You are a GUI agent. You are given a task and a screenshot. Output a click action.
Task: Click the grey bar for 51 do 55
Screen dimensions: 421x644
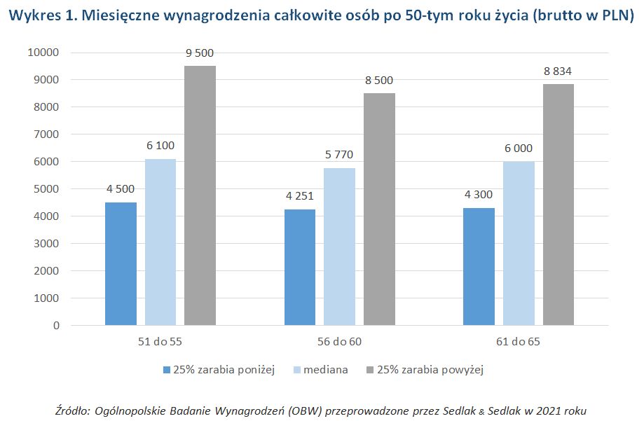pos(200,195)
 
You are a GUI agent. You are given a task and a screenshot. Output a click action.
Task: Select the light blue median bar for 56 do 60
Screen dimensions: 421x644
pos(339,247)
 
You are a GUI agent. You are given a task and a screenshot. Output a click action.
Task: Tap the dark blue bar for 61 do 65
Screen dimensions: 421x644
pos(479,266)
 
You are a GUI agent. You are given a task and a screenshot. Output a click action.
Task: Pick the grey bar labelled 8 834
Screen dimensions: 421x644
pos(558,205)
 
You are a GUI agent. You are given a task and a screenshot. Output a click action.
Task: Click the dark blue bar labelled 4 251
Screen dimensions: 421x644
pos(300,267)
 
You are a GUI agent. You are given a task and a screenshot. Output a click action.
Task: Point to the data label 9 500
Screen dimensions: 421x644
pos(200,53)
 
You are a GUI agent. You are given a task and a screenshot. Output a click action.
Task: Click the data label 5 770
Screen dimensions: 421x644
pos(339,156)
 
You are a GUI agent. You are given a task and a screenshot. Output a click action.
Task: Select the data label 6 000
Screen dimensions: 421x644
pos(519,149)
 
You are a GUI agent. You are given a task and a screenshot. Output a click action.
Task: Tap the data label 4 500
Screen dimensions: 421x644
pos(121,190)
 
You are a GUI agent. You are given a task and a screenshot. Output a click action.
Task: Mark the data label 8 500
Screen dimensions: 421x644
pos(379,81)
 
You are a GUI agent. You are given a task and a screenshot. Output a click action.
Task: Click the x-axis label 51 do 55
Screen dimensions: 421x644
pos(160,343)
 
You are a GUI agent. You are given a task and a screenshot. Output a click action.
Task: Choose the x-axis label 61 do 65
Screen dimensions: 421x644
pos(519,343)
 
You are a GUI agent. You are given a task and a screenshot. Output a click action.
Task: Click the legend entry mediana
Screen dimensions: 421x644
pos(329,370)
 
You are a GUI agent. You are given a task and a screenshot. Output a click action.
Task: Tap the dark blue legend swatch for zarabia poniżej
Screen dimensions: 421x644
pos(166,370)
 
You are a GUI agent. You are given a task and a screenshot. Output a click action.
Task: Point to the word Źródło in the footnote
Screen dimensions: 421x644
pos(71,409)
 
